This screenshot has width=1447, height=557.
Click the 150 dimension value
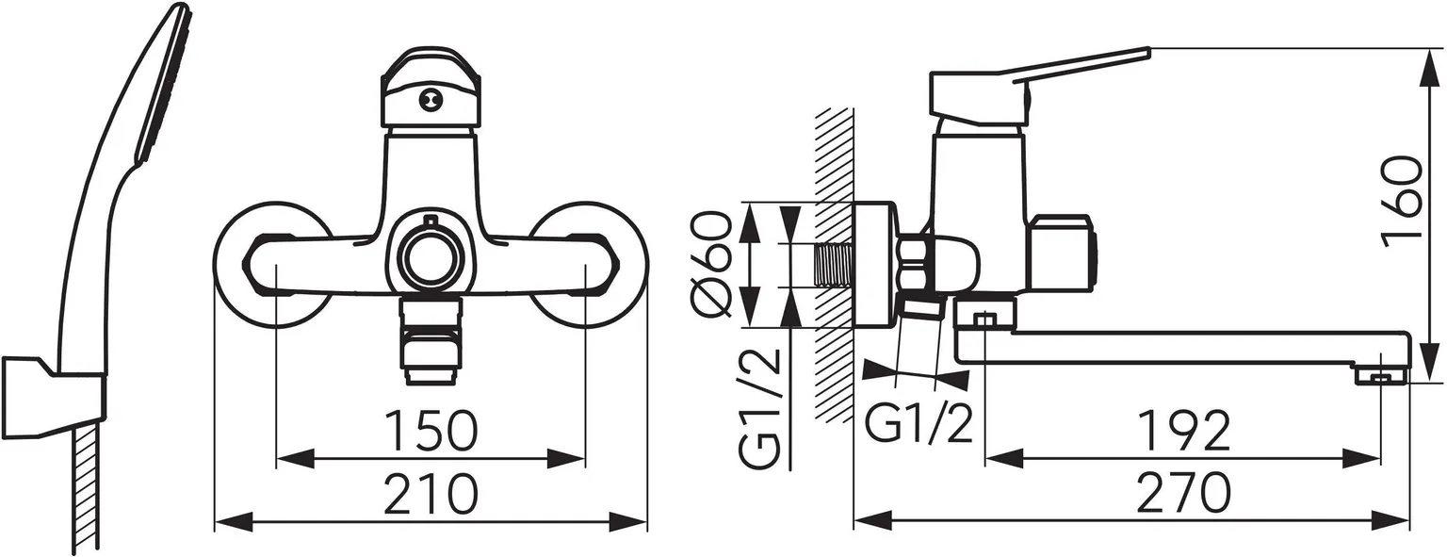(431, 432)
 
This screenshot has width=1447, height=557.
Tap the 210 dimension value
(431, 493)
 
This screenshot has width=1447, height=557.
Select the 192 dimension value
(1183, 432)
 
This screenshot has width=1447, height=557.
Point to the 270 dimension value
(1183, 493)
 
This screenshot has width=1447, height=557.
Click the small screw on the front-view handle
(431, 97)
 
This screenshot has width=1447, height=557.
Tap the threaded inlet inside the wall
(835, 265)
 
